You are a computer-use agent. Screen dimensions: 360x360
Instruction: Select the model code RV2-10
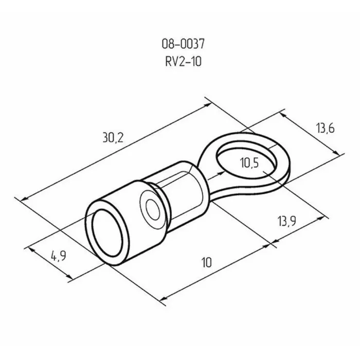180,63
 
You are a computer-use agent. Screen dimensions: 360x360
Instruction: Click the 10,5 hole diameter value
249,164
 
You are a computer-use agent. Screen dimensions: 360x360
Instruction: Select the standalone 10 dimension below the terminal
207,262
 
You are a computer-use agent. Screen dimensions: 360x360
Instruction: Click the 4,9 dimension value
58,256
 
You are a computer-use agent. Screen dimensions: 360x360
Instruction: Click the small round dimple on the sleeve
152,208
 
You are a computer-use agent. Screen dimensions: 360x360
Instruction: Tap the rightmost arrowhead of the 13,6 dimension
337,152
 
